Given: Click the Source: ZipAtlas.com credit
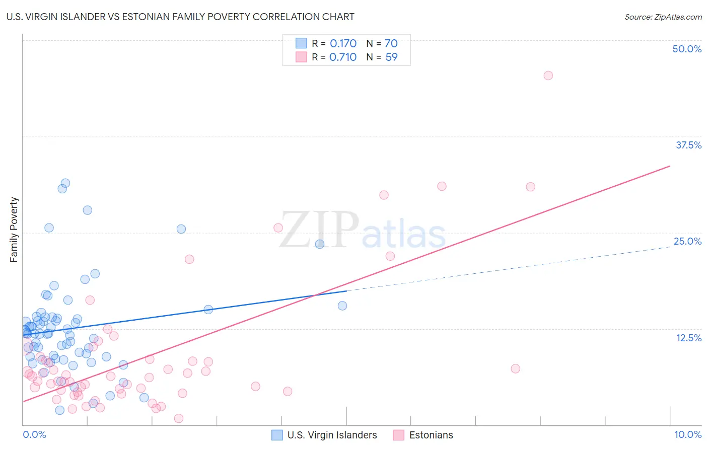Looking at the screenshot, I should [663, 17].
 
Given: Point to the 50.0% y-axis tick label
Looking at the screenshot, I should [687, 49].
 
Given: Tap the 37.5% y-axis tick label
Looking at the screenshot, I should [688, 145].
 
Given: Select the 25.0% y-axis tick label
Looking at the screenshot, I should [687, 241].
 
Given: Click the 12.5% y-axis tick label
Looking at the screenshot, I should [688, 338].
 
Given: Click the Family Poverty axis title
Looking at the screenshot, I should [14, 230].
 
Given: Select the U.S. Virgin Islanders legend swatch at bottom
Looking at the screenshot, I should [277, 435].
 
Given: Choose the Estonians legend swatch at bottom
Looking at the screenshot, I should [399, 435].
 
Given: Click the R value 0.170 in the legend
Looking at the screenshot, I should [343, 44].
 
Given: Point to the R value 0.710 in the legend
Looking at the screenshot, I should [342, 57].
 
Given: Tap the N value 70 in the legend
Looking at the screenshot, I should [391, 44].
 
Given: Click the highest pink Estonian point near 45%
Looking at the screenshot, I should [548, 76].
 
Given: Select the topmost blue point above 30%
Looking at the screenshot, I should [65, 183].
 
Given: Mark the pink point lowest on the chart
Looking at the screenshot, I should [179, 418].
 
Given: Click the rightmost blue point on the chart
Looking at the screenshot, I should [342, 306].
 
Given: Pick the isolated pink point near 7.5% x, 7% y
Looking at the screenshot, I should [515, 368].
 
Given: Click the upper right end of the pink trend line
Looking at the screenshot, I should [670, 166].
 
